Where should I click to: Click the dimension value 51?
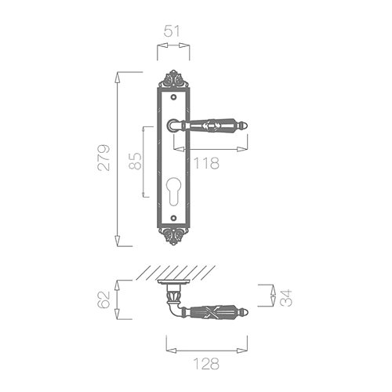point(172,31)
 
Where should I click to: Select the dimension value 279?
point(103,158)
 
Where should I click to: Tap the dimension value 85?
point(136,161)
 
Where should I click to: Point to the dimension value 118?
point(206,163)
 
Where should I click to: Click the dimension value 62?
point(104,299)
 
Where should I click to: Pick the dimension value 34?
point(285,298)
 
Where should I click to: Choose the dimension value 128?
point(206,364)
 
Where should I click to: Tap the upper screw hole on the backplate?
point(173,97)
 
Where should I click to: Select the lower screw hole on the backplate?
point(173,217)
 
